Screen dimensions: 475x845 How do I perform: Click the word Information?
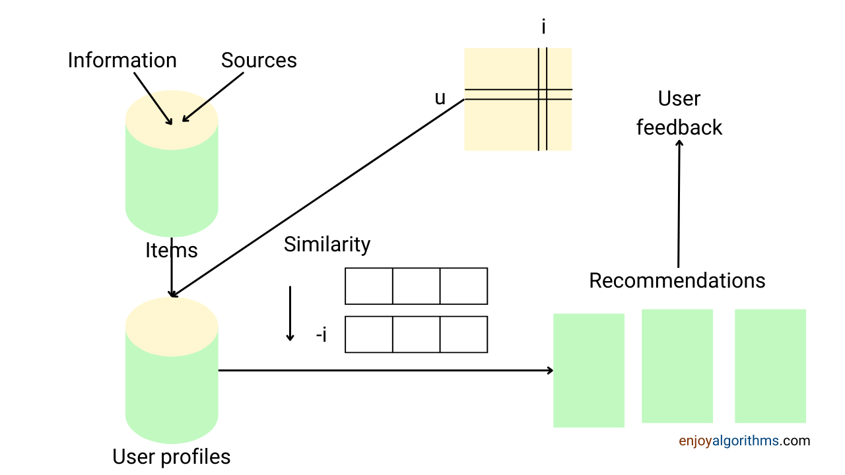(x=122, y=61)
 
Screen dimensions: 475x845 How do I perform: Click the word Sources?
(x=259, y=61)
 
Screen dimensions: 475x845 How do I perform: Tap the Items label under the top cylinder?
(x=171, y=251)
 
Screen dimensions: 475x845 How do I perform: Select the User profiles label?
(x=171, y=457)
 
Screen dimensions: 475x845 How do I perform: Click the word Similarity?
(x=327, y=245)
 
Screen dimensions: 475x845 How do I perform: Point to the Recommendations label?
(x=677, y=280)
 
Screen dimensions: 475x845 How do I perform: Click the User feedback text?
(x=679, y=113)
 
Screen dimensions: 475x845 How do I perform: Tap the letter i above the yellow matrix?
(x=543, y=28)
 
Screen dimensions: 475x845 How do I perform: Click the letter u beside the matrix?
(x=440, y=98)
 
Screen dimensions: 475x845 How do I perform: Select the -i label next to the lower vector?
(x=322, y=335)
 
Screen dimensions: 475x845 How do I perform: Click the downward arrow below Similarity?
(x=290, y=313)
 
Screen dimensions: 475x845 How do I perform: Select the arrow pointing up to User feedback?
(x=679, y=205)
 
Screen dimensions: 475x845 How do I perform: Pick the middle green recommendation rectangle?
(x=677, y=366)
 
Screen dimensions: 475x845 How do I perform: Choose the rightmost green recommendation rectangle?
(x=770, y=366)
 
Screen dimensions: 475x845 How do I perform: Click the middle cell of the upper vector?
(x=417, y=286)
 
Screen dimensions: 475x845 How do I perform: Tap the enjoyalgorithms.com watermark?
(x=744, y=441)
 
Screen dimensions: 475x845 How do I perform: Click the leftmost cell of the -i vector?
(x=369, y=334)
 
